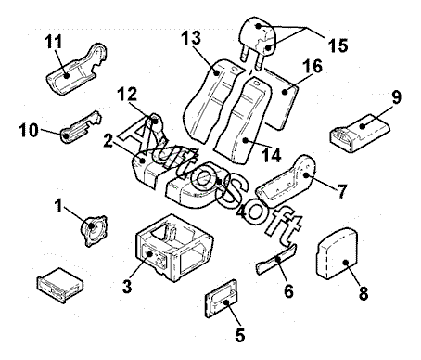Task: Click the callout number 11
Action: [54, 42]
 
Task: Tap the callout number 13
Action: [191, 38]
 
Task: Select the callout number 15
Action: [338, 45]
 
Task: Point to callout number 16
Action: [313, 66]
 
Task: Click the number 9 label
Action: [396, 96]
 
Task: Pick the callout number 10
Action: [29, 130]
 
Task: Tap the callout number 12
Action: [127, 94]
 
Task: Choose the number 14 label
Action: [271, 155]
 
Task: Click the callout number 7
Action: [342, 191]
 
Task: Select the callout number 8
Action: [364, 293]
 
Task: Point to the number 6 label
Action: [288, 291]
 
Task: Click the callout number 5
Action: [240, 335]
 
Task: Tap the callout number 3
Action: [127, 287]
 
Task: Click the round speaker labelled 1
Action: [94, 230]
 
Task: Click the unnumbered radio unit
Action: [60, 285]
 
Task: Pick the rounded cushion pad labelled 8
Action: [337, 253]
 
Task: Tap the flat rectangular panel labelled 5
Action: [222, 299]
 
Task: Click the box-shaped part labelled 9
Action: [359, 133]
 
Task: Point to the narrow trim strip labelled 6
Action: [276, 259]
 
